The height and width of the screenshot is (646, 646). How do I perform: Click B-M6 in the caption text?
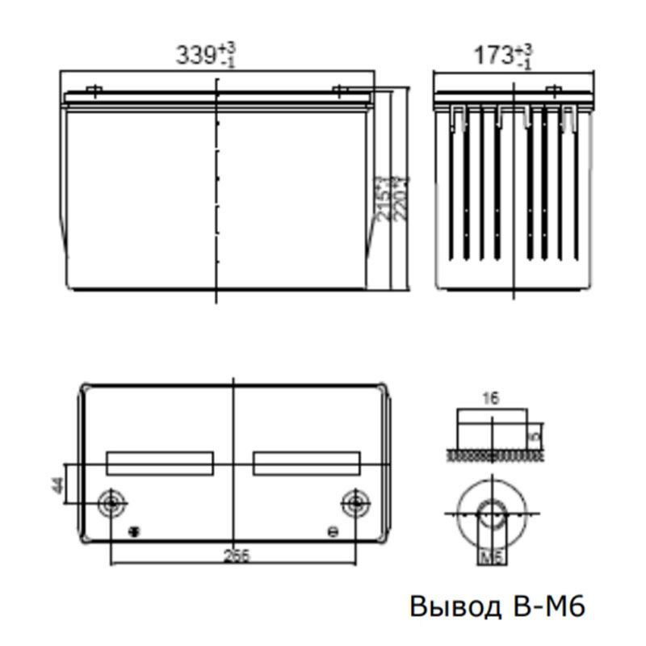tap(546, 606)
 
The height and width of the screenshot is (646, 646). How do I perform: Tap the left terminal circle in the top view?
tap(110, 502)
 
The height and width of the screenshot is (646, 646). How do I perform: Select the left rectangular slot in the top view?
tap(160, 463)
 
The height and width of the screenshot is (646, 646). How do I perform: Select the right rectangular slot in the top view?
tap(306, 463)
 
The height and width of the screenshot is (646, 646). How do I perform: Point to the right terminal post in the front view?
tap(340, 90)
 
